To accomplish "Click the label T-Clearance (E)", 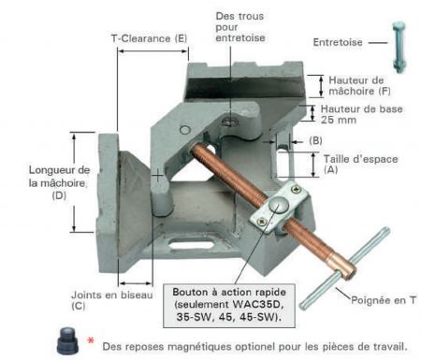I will (x=149, y=38).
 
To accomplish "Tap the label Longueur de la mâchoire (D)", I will (x=34, y=182).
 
